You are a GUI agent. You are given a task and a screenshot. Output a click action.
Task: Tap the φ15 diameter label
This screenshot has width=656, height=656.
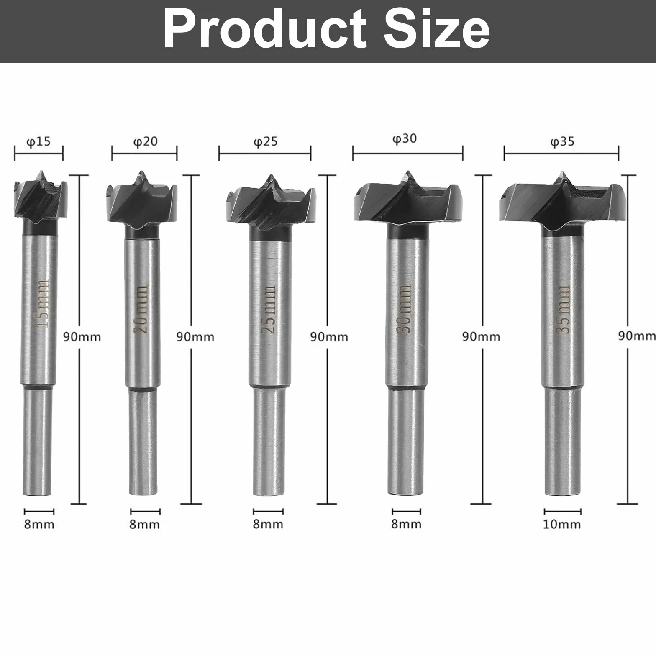tap(39, 141)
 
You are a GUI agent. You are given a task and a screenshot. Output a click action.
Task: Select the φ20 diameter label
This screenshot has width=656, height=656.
tap(145, 141)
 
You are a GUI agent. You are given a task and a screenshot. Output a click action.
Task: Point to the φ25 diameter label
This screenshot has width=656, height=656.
tap(265, 141)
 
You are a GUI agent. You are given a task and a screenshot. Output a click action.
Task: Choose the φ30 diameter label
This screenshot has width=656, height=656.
tap(405, 138)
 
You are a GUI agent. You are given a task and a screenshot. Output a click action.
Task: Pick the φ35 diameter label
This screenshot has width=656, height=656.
tap(562, 141)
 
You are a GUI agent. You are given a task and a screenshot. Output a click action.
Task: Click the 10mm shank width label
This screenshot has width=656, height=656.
tap(562, 524)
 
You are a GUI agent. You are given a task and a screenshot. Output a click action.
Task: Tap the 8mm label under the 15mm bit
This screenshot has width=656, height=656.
tap(39, 524)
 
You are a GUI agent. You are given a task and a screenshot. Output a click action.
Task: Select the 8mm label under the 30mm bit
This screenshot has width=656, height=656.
tap(406, 524)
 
